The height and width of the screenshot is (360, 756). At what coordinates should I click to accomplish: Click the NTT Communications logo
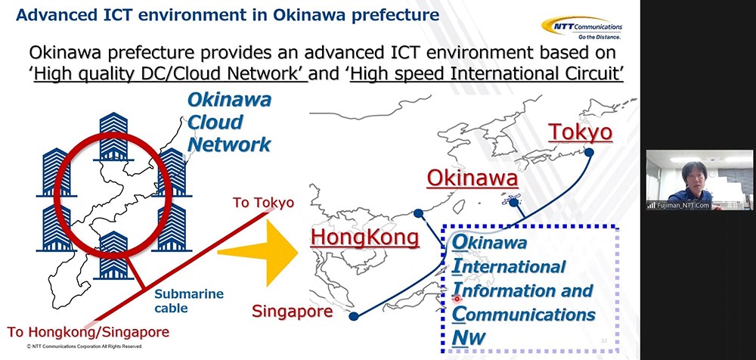coord(582,28)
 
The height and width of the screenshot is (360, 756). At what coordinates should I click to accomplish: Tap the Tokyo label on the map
coord(581,132)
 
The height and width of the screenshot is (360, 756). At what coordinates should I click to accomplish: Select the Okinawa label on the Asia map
coord(472,179)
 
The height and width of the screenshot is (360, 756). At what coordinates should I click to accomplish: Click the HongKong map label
coord(364,237)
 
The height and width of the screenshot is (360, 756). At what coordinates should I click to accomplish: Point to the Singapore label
coord(292,312)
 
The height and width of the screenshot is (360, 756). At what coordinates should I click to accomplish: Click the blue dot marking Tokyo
coord(589,153)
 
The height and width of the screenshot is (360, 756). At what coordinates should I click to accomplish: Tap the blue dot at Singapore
coord(353,317)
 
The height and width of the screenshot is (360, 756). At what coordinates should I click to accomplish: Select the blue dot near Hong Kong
coord(418,213)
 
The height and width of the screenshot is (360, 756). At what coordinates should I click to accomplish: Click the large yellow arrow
coord(258,251)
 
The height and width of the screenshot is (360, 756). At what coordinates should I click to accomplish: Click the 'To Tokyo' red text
coord(263,202)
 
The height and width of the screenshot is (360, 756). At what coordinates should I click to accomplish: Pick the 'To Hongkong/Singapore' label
coord(88,332)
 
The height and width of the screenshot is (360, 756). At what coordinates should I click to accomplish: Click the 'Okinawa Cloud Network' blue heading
coord(229,122)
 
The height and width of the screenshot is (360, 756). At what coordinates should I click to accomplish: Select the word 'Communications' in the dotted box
coord(524,314)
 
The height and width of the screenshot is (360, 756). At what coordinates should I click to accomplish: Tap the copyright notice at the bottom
coord(85,346)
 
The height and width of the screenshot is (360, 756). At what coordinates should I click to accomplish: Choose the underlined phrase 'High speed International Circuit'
coord(487,75)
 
